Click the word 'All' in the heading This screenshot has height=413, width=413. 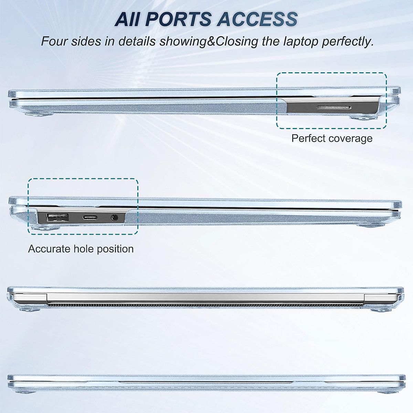click(x=127, y=19)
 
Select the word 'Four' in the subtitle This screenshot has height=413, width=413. click(x=54, y=42)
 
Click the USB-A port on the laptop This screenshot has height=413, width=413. click(x=57, y=217)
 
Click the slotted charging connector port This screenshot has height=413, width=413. click(x=333, y=108)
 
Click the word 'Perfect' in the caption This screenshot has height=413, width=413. click(x=308, y=138)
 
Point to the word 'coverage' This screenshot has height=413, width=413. click(x=350, y=138)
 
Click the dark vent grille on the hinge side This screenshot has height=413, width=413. click(x=205, y=305)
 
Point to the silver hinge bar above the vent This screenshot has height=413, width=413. click(x=205, y=298)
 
